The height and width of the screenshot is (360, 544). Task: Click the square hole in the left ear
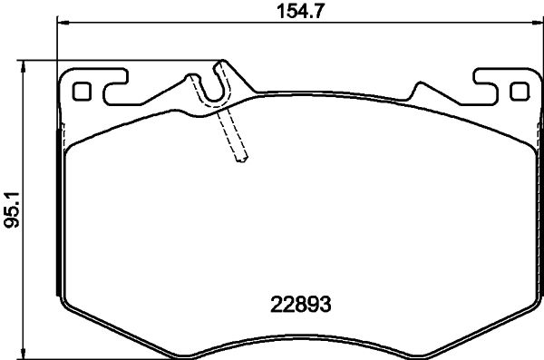click(x=81, y=91)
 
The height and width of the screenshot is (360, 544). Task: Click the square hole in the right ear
click(x=519, y=91)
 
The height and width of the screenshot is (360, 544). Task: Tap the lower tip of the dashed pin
click(x=241, y=161)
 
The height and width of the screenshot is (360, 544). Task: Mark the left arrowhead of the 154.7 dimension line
click(x=61, y=24)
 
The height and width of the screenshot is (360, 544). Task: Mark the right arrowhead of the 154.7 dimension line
click(x=534, y=24)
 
